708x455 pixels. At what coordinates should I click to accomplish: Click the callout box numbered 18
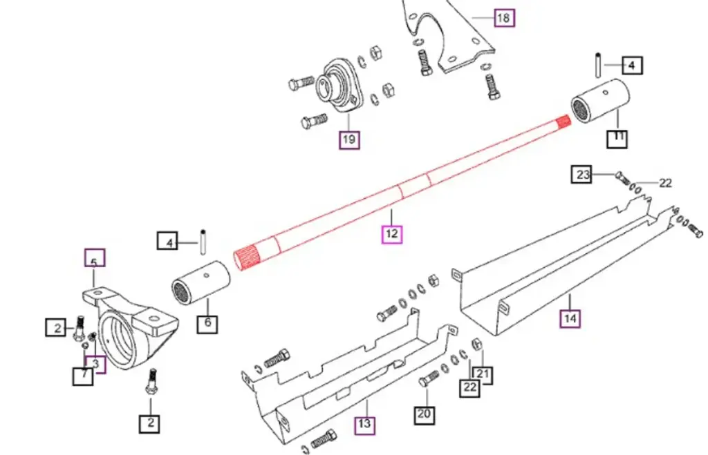[504, 17]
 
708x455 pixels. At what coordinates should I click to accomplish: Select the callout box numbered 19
[349, 140]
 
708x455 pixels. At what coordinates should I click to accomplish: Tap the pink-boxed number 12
[392, 233]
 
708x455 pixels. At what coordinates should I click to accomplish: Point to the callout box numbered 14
[570, 318]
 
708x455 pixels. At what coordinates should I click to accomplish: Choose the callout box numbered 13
[364, 425]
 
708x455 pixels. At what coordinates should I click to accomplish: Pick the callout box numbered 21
[483, 375]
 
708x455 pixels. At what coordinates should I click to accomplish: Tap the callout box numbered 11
[617, 138]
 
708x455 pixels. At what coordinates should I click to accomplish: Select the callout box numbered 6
[207, 322]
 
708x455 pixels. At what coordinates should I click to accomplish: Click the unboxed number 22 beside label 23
[665, 183]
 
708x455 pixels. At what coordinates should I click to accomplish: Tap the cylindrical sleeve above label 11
[602, 102]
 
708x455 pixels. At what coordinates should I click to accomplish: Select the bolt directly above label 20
[428, 378]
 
